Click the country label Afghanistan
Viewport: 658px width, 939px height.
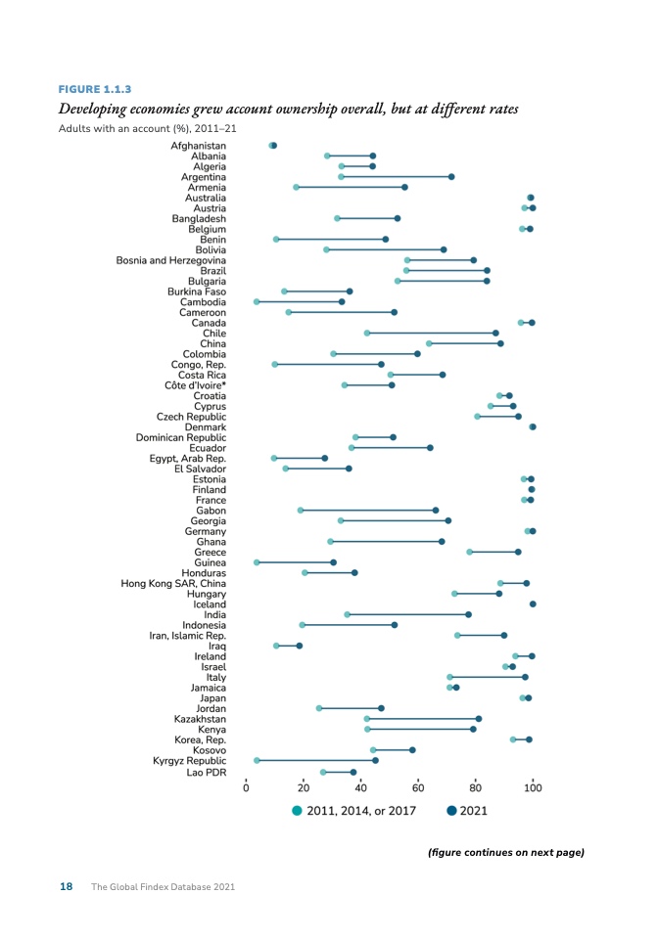(198, 146)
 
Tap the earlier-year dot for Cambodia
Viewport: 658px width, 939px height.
(258, 301)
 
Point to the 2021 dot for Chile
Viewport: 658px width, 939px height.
(495, 334)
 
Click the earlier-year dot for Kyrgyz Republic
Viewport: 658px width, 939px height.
(258, 760)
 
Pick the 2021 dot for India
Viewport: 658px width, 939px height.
(468, 614)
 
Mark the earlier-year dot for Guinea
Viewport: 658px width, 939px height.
(258, 562)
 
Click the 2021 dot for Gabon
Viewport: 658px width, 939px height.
(436, 511)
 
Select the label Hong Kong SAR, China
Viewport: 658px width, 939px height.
(173, 583)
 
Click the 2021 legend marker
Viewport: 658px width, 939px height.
(451, 810)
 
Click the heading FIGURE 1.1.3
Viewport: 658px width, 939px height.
(95, 89)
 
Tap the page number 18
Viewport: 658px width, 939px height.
(67, 887)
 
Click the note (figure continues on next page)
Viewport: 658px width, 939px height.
(505, 852)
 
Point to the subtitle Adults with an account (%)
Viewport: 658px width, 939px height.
(147, 128)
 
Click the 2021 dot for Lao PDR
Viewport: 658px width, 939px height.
(353, 772)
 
